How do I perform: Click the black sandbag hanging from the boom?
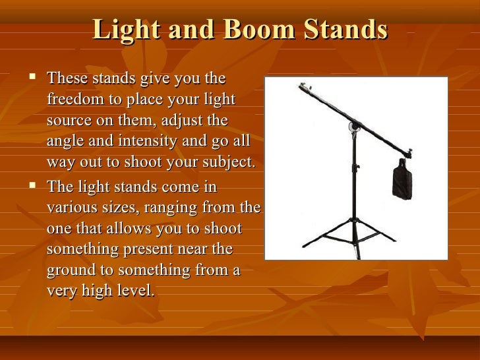point(402,182)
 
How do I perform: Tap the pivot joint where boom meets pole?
point(355,126)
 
